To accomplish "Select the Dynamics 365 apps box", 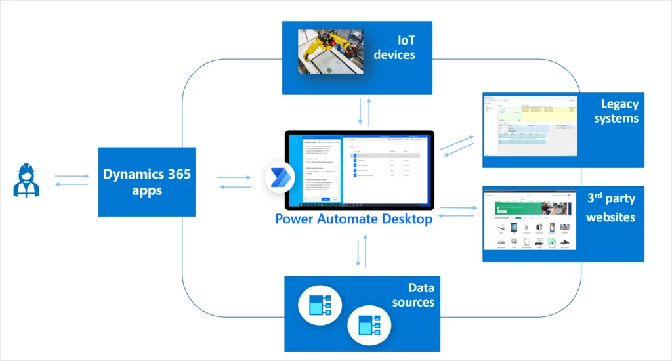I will coord(147,182).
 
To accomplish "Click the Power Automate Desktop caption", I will coord(354,219).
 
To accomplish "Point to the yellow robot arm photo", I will coord(331,51).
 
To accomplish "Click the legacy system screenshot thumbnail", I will coord(530,129).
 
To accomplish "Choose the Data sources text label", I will coord(413,295).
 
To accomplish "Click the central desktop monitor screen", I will coord(359,169).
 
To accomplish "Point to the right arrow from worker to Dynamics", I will coord(72,176).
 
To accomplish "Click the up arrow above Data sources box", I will coord(366,253).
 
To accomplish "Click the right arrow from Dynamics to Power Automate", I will coord(234,177).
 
